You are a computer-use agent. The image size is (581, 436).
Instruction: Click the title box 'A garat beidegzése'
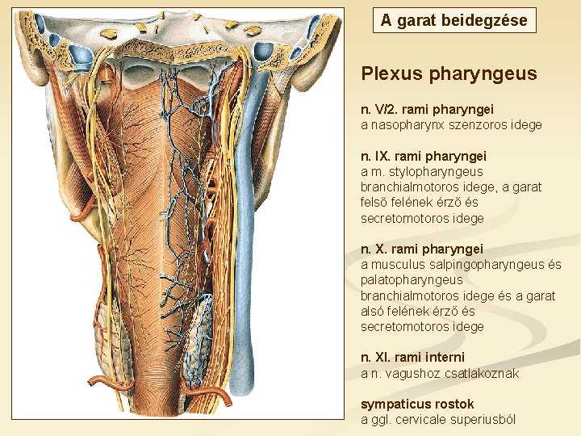tap(454, 20)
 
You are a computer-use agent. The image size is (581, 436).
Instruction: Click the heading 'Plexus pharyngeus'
tap(449, 74)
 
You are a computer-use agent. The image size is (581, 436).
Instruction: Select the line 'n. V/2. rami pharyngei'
tap(427, 108)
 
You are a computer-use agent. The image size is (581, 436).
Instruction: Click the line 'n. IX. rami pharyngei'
tap(424, 155)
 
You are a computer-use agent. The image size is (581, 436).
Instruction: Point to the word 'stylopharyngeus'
tap(440, 171)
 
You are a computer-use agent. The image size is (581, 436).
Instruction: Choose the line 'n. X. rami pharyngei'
tap(421, 249)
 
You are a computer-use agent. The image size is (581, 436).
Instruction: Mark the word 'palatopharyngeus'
tap(412, 280)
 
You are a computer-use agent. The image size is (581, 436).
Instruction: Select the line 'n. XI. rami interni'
tap(412, 357)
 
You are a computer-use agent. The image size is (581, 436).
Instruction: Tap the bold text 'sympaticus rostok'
tap(417, 404)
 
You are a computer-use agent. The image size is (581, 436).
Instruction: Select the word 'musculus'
tap(396, 265)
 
